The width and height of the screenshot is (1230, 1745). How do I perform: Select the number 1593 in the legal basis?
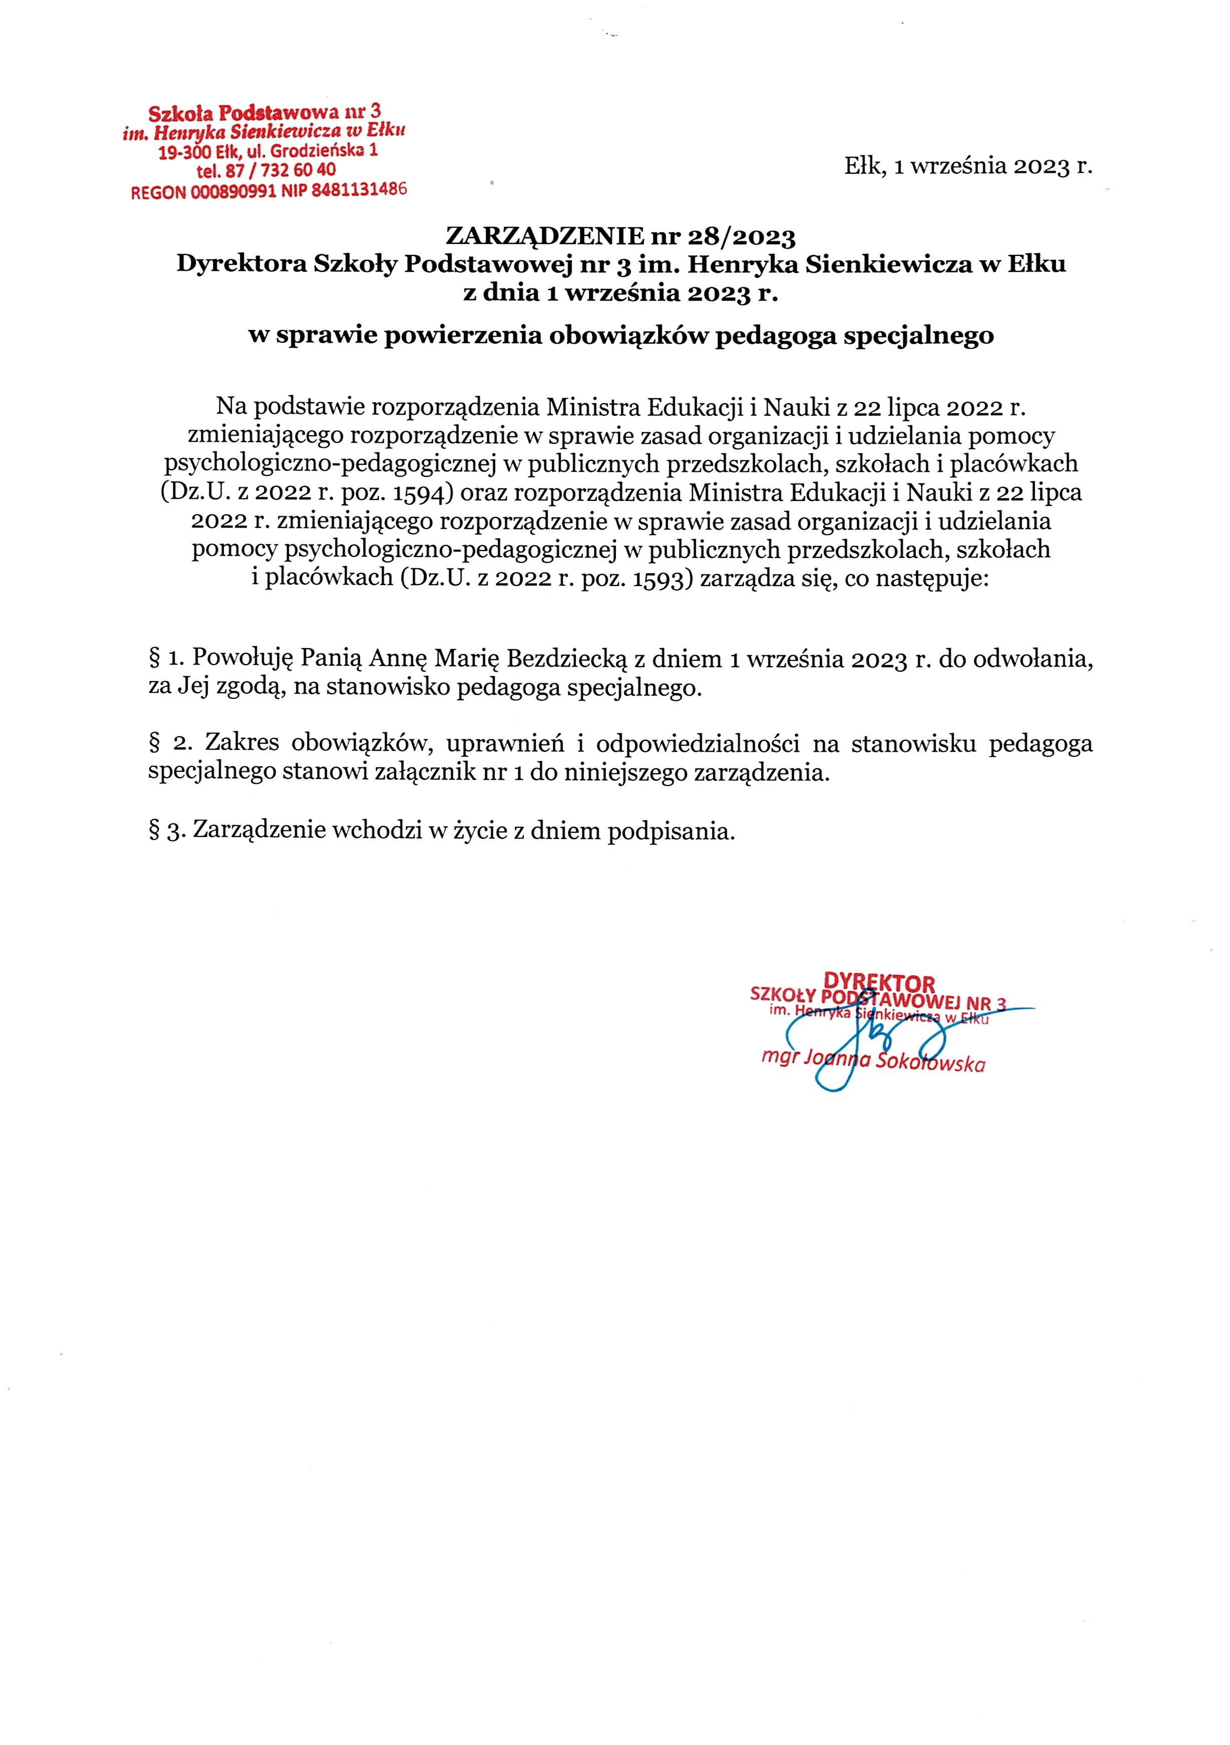coord(659,579)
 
